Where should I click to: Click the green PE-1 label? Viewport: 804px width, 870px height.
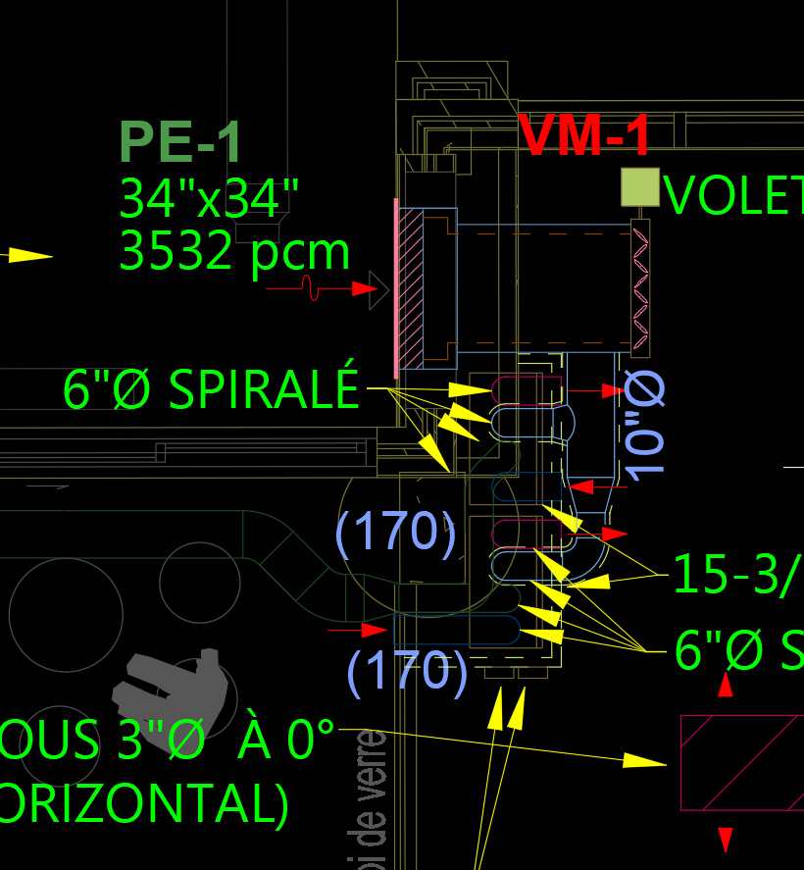180,142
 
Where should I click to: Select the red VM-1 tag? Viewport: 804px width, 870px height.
584,135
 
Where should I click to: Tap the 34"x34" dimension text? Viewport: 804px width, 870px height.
208,199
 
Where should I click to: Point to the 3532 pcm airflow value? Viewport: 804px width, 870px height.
234,252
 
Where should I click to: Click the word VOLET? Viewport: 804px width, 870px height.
733,196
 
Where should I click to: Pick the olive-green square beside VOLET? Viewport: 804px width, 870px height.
639,187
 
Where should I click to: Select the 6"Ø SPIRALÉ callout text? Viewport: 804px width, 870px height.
211,390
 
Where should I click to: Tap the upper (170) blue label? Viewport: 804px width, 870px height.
395,533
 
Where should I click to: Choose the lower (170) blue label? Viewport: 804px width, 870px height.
407,673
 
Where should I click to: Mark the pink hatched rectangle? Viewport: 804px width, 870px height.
741,762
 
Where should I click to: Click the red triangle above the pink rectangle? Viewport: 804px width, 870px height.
726,685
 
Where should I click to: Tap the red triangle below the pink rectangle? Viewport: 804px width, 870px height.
726,840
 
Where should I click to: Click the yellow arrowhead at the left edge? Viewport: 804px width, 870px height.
29,255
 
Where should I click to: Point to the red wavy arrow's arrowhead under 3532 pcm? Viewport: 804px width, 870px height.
365,288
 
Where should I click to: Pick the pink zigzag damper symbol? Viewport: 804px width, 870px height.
640,288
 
